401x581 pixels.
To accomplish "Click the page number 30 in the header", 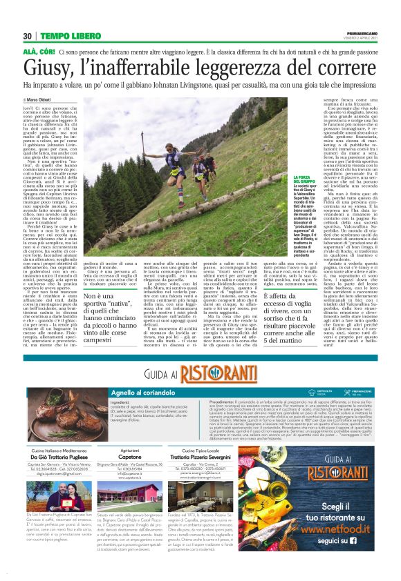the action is click(x=28, y=36).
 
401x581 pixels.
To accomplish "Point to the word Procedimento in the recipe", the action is click(x=200, y=402).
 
